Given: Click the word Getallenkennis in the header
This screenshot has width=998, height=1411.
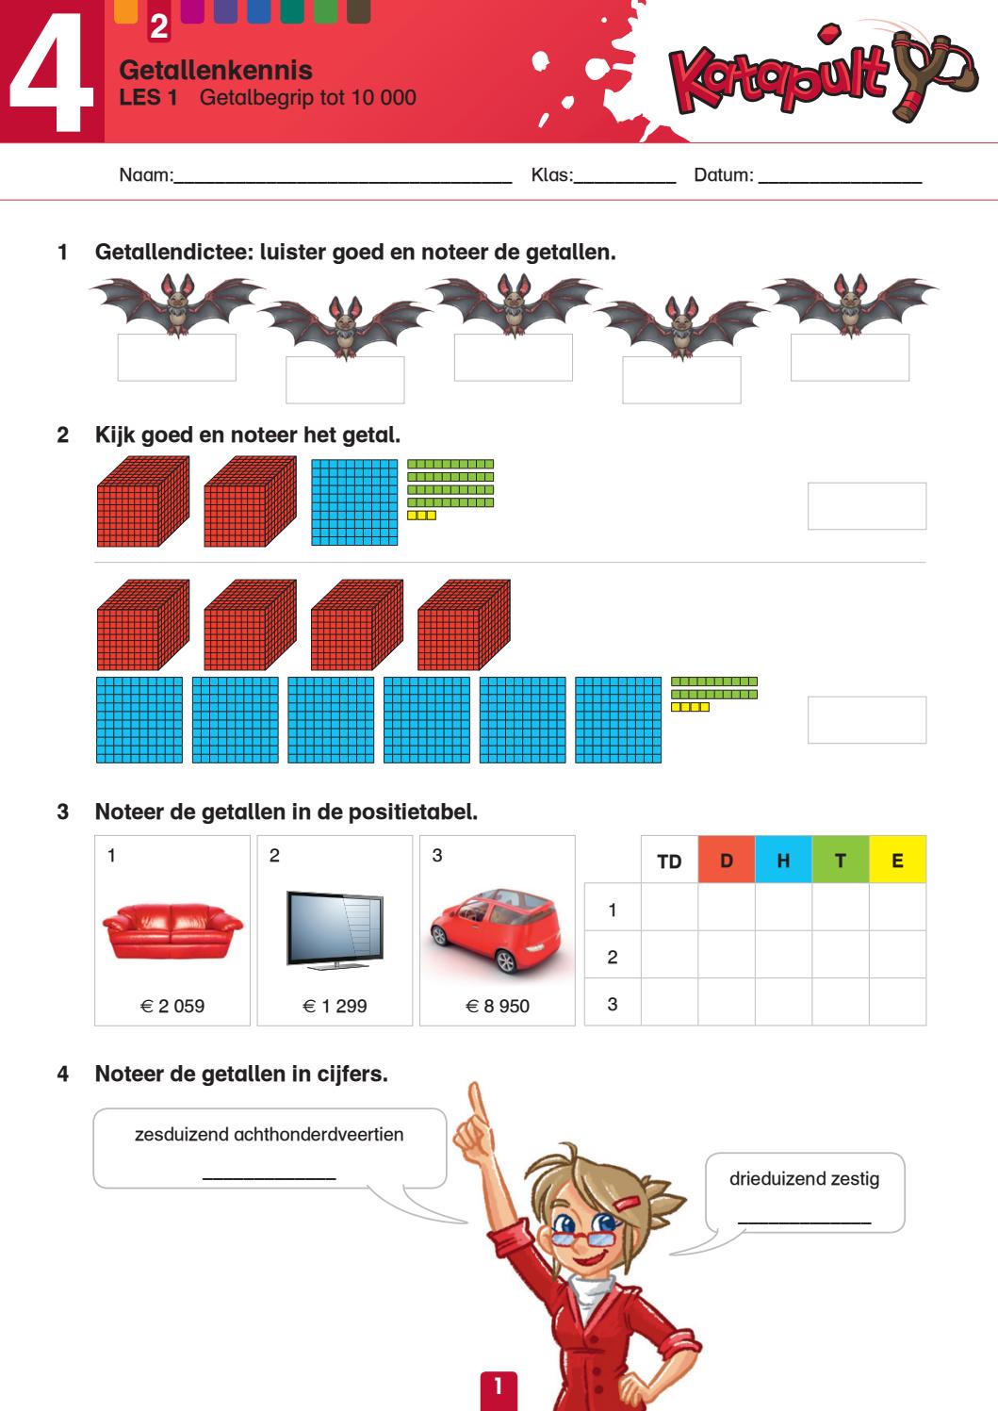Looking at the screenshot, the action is tap(216, 70).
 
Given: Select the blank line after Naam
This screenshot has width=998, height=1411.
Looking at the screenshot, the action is tap(342, 182).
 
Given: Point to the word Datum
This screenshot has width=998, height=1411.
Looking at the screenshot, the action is tap(724, 174).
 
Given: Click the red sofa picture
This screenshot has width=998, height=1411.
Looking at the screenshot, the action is tap(172, 931).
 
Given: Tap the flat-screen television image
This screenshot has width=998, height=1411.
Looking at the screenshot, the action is tap(335, 929).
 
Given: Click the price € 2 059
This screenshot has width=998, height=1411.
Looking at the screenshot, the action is tap(172, 1006).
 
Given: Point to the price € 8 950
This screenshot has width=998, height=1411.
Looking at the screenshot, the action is tap(498, 1006).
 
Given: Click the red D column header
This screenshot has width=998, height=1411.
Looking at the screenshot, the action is tap(727, 860).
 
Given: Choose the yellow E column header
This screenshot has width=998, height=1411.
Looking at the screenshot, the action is tap(897, 860).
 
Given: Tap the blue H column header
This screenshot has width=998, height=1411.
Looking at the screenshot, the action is tap(783, 860).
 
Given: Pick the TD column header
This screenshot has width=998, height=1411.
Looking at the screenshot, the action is tap(669, 861).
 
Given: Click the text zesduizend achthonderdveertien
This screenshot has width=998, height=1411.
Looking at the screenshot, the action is tap(269, 1135).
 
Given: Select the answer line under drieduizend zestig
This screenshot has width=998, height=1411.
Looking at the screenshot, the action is tap(804, 1222).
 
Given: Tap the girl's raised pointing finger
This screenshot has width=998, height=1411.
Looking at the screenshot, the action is tap(478, 1104).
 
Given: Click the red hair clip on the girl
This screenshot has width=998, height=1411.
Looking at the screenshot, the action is tap(628, 1203).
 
